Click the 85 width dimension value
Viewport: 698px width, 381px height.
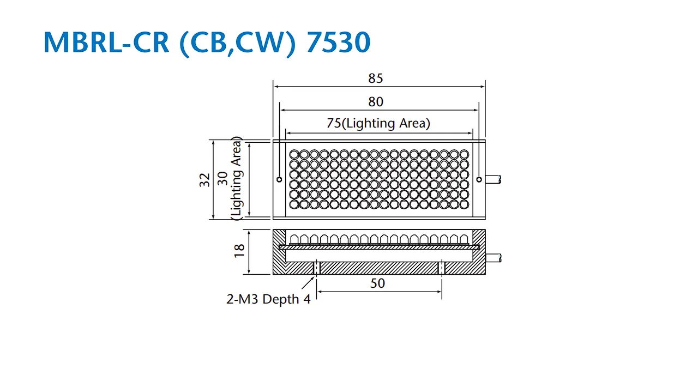tap(376, 78)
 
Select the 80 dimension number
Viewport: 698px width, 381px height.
tap(376, 102)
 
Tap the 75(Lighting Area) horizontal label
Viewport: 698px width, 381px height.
tap(378, 123)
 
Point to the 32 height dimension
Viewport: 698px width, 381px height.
tap(204, 180)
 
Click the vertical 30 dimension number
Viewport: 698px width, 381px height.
tap(222, 178)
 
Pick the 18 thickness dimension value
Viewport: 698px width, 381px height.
tap(239, 251)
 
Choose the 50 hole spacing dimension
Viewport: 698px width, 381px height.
tap(377, 283)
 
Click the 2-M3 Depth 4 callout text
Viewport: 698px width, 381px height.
tap(268, 299)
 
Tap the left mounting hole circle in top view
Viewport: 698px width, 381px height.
tap(279, 179)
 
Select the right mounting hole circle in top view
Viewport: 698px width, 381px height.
tap(479, 179)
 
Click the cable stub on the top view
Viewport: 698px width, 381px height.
tap(494, 179)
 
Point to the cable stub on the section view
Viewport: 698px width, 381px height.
tap(494, 258)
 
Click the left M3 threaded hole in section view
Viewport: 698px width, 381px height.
tap(317, 268)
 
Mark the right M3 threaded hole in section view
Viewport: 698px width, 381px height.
tap(442, 268)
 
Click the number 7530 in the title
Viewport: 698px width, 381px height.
tap(339, 42)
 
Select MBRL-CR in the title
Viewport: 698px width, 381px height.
tap(106, 42)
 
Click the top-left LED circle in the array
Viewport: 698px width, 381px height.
tap(294, 154)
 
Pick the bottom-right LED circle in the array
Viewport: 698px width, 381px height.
tap(464, 205)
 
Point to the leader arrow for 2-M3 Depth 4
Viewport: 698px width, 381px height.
tap(308, 283)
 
